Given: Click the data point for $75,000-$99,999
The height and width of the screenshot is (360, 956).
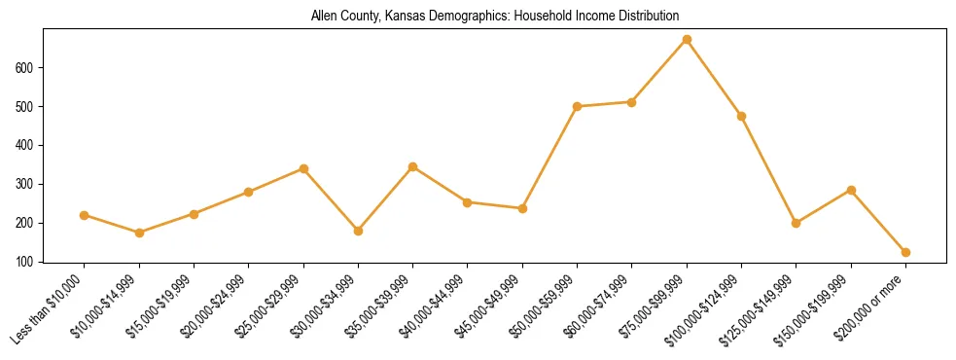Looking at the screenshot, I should point(687,40).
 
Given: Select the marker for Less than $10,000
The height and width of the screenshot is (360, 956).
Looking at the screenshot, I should point(85,215).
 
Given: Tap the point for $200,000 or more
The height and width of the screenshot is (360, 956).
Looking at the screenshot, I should point(905,252).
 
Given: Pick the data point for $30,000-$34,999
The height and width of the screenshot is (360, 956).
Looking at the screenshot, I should point(358,231).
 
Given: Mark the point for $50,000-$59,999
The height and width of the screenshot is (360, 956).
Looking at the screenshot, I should point(577,106).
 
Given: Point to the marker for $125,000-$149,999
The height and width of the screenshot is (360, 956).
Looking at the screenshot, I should point(797,223).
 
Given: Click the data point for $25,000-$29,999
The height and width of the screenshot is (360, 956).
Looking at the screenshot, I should point(303,168).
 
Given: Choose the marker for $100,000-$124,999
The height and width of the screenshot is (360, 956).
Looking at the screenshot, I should point(741,116).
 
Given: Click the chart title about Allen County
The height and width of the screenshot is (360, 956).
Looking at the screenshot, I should point(494,17).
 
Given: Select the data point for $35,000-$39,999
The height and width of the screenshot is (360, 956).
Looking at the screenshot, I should point(412,166).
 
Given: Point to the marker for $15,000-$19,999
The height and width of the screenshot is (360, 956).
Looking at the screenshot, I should point(194,214).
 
